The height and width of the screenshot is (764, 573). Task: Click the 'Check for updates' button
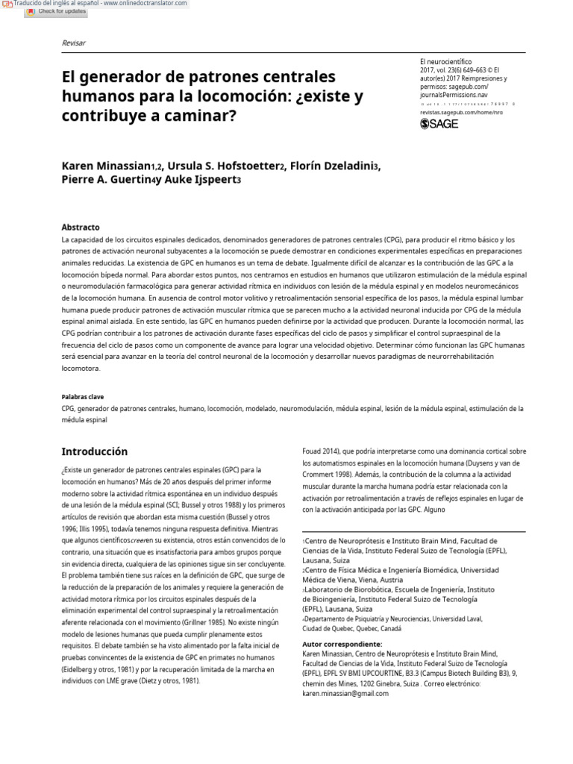pos(57,12)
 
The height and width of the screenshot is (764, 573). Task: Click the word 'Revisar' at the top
pos(73,43)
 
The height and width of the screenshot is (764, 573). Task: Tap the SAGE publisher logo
pos(439,124)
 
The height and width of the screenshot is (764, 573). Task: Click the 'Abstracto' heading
pos(80,227)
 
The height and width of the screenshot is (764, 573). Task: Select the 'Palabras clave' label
pos(82,397)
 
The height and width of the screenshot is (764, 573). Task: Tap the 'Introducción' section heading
pos(94,451)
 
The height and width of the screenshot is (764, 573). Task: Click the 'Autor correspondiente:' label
pos(342,643)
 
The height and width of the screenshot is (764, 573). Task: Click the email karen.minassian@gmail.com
pos(345,693)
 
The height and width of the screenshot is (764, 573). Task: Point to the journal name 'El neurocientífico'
pos(446,61)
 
